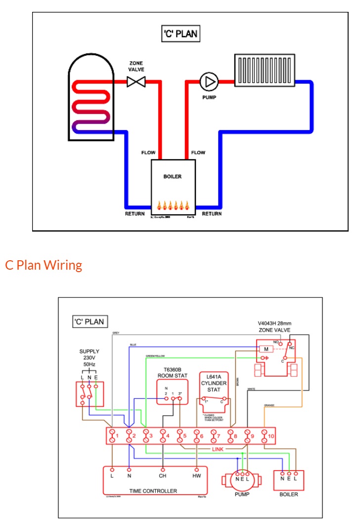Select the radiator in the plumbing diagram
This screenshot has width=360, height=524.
coord(265,71)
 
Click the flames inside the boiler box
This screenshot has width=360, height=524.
coord(173,205)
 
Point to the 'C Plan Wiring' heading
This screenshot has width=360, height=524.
coord(44,265)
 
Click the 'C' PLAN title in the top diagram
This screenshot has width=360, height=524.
coord(181,34)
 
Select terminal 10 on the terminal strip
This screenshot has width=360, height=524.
coord(267,436)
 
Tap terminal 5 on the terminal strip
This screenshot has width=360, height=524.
coord(182,436)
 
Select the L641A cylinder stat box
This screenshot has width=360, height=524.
coord(214,389)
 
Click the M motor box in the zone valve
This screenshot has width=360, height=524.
coord(266,348)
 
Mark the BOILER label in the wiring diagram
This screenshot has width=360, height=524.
coord(288,494)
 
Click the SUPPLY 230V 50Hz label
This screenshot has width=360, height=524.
coord(90,359)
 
